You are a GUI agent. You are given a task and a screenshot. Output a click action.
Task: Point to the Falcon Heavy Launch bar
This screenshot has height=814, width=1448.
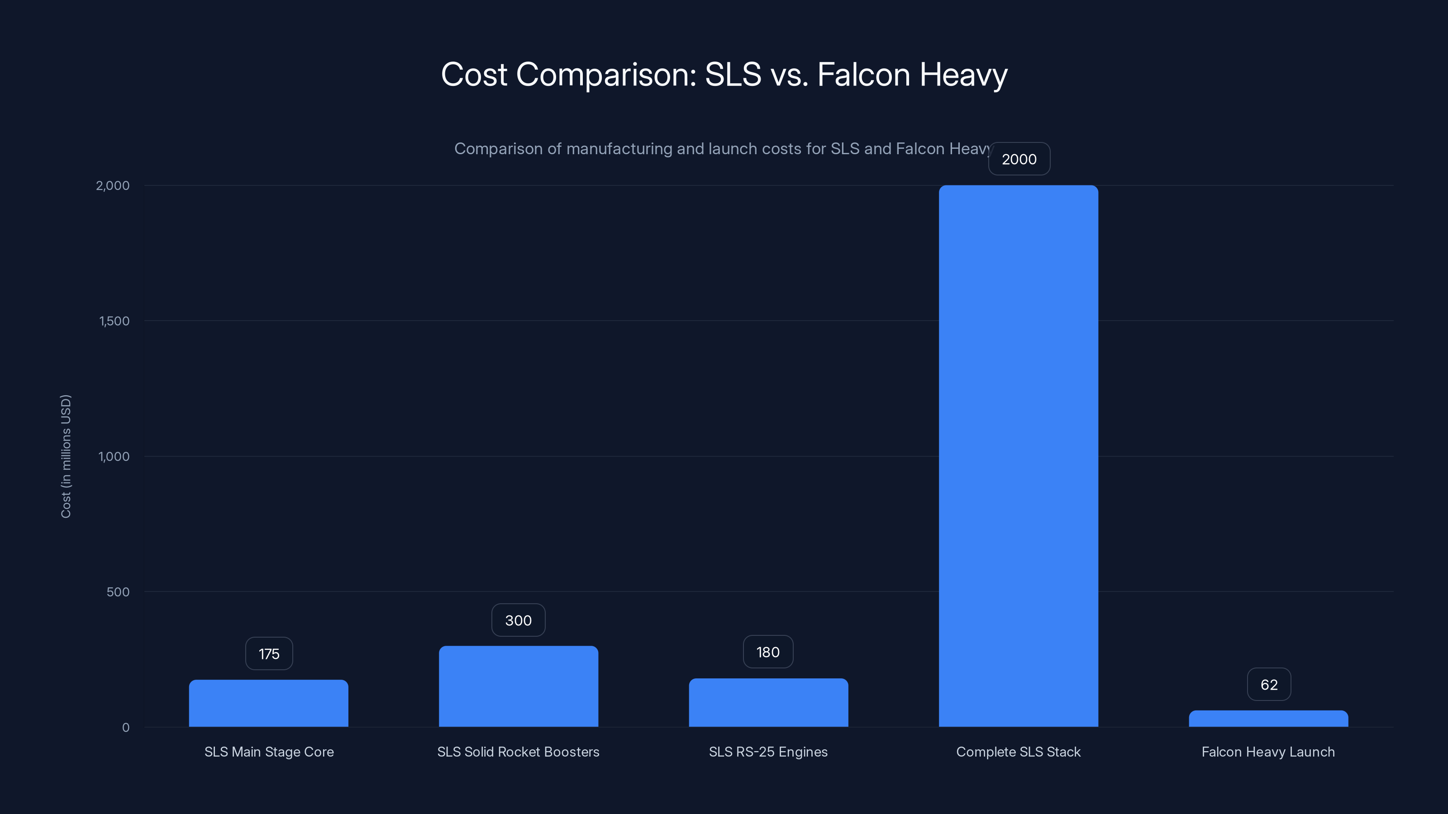coord(1268,719)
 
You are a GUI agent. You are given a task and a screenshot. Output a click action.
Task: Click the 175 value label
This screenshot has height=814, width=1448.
coord(269,654)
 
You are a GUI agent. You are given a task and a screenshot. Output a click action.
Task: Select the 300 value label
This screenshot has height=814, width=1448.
coord(518,620)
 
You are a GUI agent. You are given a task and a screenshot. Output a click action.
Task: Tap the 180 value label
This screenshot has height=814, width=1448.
coord(768,652)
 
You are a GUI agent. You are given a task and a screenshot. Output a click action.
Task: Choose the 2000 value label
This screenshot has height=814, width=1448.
coord(1019,159)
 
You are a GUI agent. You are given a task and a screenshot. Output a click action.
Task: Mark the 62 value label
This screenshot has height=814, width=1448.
coord(1269,685)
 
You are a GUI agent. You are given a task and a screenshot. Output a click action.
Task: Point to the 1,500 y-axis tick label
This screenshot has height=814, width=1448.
coord(114,321)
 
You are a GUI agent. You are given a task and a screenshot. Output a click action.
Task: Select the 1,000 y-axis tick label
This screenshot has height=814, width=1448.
coord(114,456)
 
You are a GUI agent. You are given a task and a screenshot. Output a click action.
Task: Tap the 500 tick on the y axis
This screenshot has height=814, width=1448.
coord(118,592)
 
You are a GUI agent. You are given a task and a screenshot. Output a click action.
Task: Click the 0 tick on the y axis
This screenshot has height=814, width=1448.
coord(125,728)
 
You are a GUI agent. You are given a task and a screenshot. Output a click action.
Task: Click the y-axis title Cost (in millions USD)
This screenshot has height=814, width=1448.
coord(66,456)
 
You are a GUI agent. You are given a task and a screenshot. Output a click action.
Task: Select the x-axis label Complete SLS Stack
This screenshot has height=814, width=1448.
coord(1018,752)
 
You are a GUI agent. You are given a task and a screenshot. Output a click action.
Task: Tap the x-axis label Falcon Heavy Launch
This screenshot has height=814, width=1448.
coord(1268,752)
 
